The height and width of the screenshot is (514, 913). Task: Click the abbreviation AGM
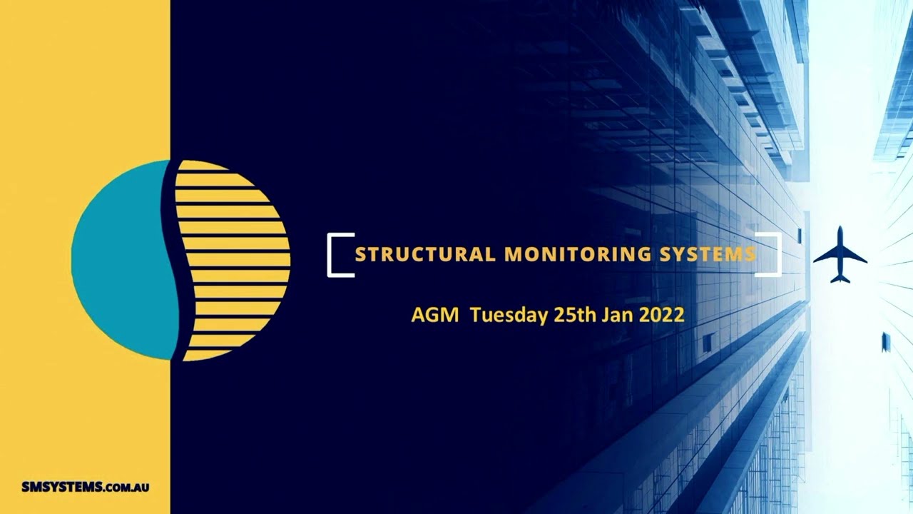(x=435, y=315)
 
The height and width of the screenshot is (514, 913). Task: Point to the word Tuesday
(x=509, y=315)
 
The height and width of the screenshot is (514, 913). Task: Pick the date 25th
(x=575, y=315)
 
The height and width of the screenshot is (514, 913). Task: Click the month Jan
(x=617, y=315)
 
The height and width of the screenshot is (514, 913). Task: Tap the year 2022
(x=663, y=315)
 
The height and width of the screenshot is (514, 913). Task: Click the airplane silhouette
(x=840, y=255)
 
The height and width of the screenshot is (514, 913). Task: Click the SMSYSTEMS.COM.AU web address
(x=85, y=488)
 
